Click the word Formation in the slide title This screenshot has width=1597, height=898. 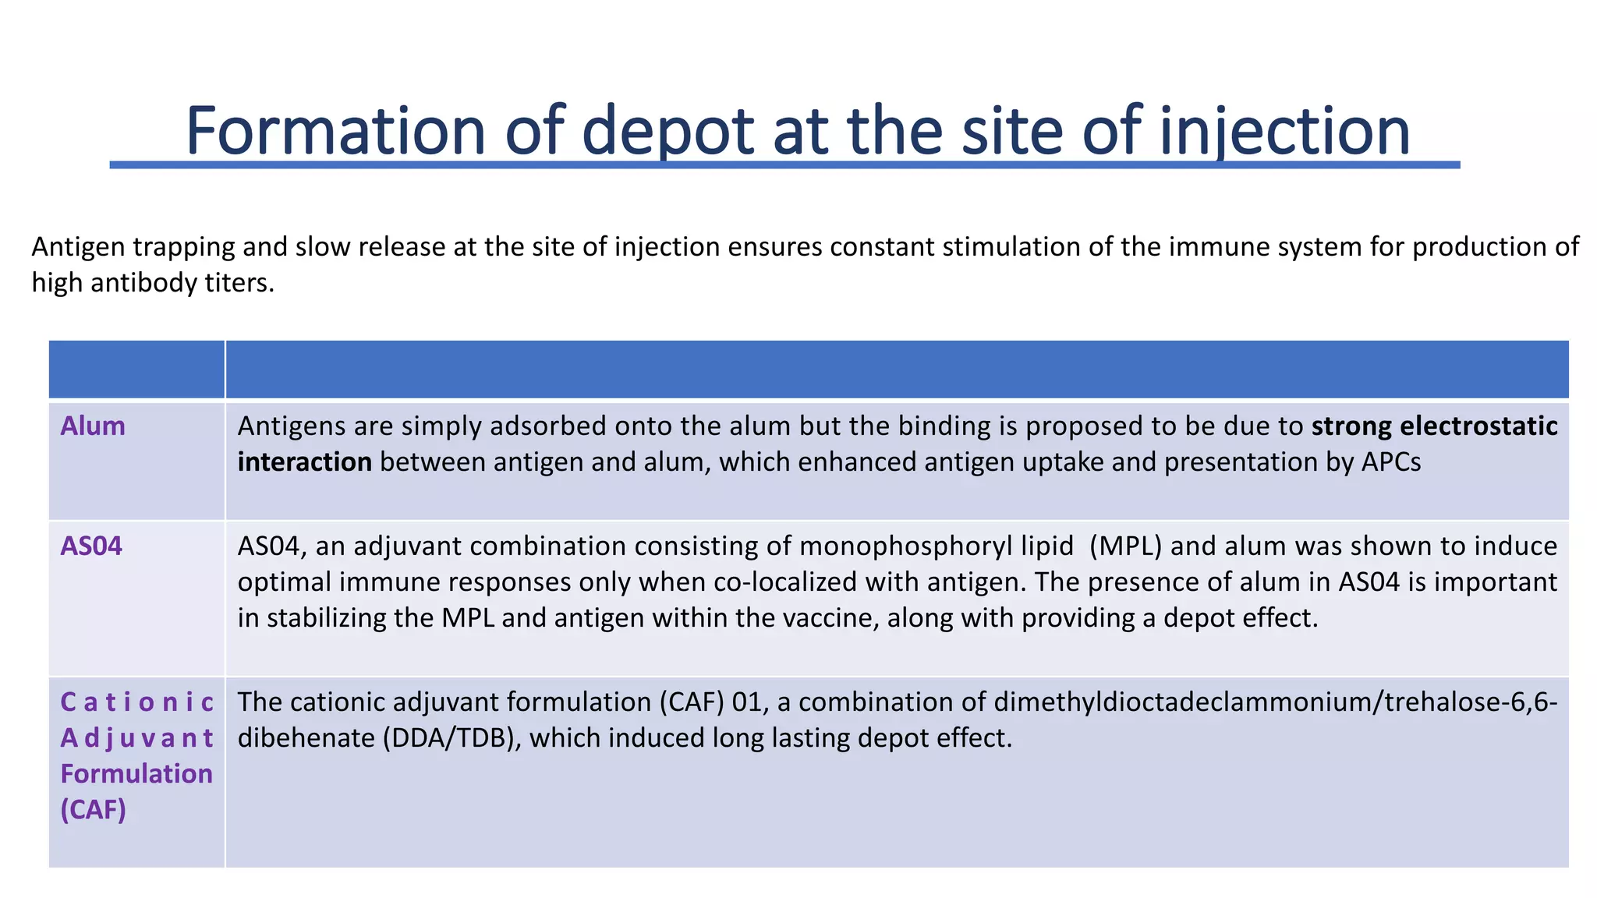[x=336, y=130]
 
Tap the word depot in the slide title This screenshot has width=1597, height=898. [x=667, y=132]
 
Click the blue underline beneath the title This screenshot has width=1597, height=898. [x=784, y=165]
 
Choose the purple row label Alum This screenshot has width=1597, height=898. [x=93, y=426]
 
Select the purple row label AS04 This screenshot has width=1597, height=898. [x=91, y=546]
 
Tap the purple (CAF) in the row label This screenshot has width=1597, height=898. [x=93, y=810]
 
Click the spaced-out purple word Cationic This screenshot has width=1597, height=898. [x=136, y=702]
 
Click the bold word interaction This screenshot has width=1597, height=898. [x=304, y=462]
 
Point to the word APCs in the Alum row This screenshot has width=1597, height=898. [x=1391, y=462]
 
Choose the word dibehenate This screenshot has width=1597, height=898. [x=306, y=738]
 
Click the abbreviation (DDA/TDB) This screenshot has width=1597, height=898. [x=451, y=738]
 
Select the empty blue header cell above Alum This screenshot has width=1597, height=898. [x=136, y=369]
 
